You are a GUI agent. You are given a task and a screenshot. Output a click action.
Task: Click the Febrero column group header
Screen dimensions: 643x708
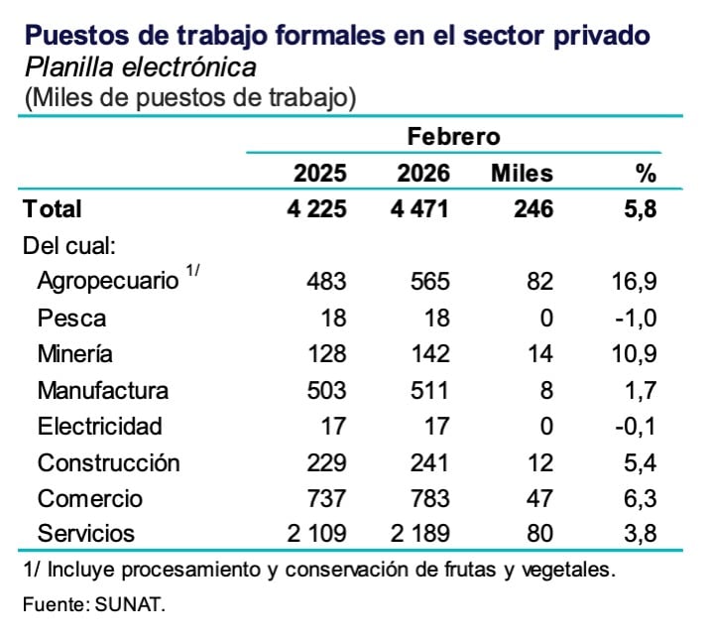click(x=453, y=136)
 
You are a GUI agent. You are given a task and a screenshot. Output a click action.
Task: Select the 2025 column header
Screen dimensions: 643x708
click(x=319, y=174)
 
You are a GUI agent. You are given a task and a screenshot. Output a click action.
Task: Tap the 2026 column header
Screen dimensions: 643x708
click(x=423, y=174)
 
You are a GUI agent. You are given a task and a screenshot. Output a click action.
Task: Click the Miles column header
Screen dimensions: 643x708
click(x=522, y=174)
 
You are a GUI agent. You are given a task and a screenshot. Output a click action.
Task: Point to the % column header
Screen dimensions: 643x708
click(x=646, y=174)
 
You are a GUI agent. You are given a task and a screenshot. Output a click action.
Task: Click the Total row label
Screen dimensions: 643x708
click(x=53, y=209)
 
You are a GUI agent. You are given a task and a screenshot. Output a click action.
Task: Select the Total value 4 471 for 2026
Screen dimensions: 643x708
click(x=423, y=209)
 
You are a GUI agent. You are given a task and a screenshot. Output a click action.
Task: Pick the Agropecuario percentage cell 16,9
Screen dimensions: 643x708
click(x=636, y=282)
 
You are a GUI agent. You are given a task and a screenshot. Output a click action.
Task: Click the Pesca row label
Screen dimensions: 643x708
click(x=71, y=319)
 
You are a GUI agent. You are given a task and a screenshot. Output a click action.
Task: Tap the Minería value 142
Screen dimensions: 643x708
click(x=429, y=354)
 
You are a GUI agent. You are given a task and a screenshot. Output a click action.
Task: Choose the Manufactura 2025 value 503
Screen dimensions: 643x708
click(x=326, y=390)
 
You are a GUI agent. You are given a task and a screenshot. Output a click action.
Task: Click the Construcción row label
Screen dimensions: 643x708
click(x=108, y=462)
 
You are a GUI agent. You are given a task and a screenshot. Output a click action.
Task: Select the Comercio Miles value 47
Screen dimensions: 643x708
click(x=539, y=498)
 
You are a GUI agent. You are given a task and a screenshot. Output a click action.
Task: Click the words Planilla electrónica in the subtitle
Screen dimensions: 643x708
click(x=140, y=67)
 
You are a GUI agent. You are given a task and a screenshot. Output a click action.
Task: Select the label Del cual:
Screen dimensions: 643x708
click(x=68, y=245)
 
